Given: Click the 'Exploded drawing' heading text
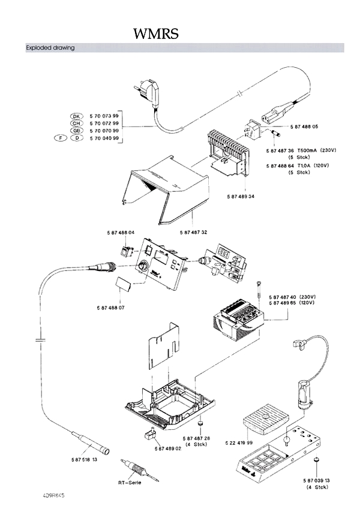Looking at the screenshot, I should pos(50,48).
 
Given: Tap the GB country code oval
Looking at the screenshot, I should pos(76,130).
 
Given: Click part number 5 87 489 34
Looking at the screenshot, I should pos(241,196).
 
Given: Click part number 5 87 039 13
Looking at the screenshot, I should pos(316,481).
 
